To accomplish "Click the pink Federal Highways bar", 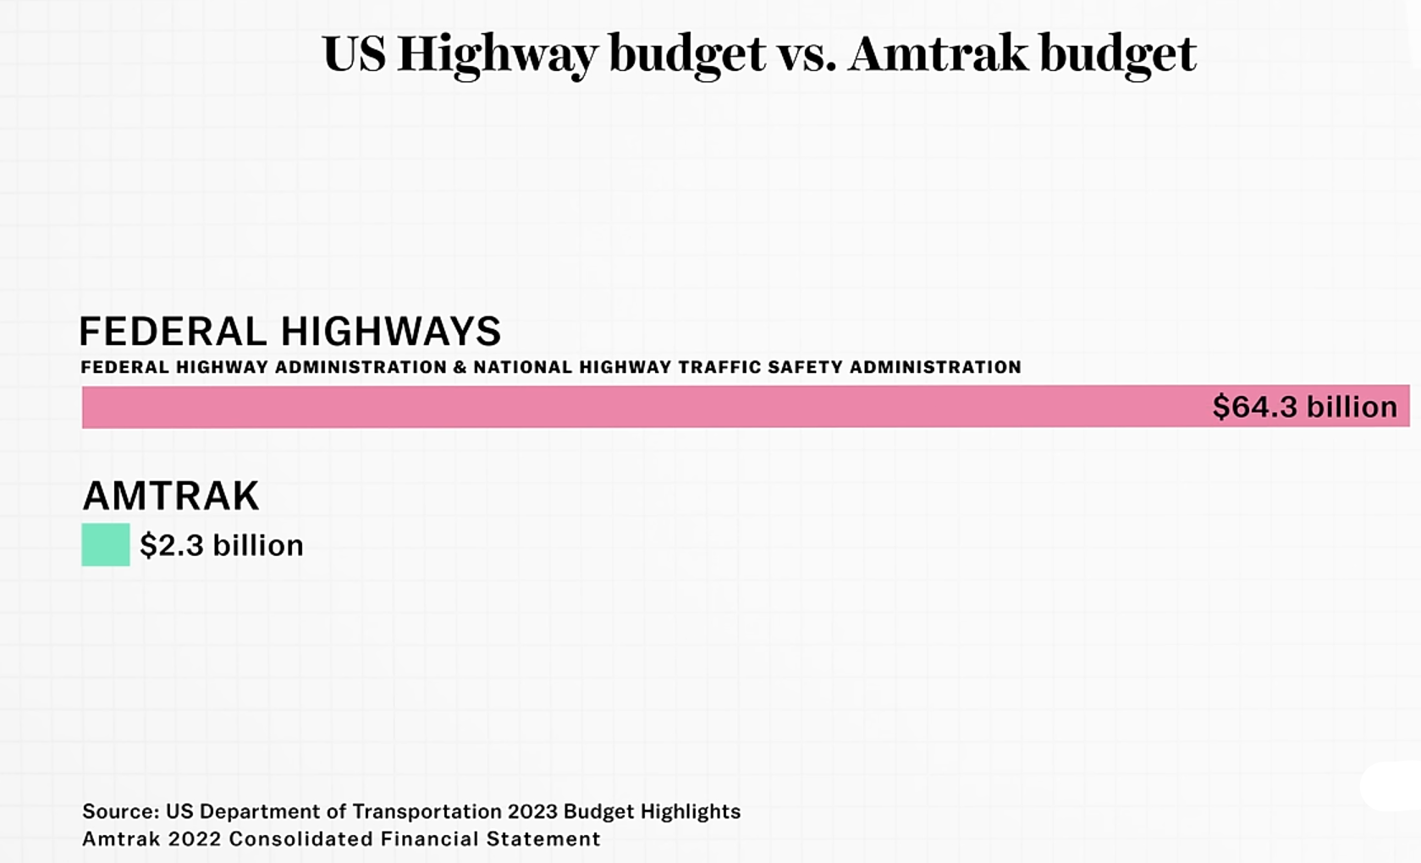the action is (746, 407).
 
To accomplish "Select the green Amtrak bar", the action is (106, 545).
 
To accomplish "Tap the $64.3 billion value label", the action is (1305, 406).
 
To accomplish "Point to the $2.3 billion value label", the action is (222, 546).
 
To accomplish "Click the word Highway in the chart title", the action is (498, 55).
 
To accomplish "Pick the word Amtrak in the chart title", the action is (939, 53).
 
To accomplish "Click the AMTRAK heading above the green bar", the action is (171, 496).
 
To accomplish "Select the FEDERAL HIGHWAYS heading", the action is (290, 331).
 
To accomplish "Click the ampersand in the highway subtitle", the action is (460, 367).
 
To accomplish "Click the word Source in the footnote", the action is (120, 811).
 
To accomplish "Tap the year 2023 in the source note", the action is (533, 811).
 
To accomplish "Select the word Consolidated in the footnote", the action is (301, 839).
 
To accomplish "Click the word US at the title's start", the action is (355, 53).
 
